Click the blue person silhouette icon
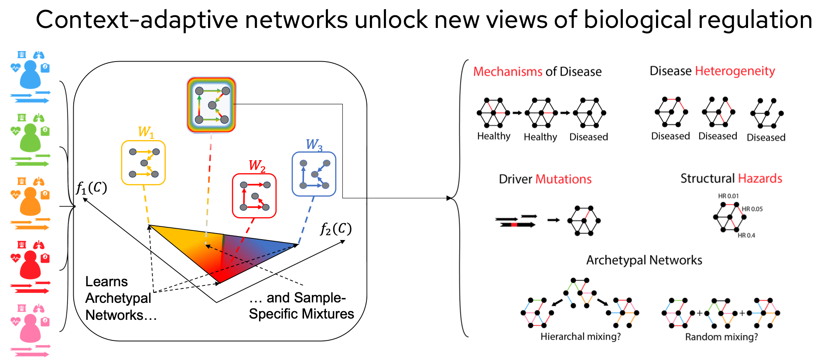tap(30, 75)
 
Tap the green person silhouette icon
tap(30, 138)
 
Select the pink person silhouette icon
tap(30, 329)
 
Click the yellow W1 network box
tap(143, 163)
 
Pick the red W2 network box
tap(254, 196)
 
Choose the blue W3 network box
tap(314, 174)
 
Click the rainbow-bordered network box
tap(212, 105)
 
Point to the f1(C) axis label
tap(92, 188)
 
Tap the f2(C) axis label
tap(335, 229)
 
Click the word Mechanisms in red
tap(508, 72)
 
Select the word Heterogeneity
tap(735, 71)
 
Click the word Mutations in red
tap(563, 179)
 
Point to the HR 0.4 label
tap(746, 236)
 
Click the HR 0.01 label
tap(728, 196)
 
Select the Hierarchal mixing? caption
tap(580, 336)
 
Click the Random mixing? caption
tap(721, 337)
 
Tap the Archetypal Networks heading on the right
tap(644, 261)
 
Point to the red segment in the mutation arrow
tap(514, 225)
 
